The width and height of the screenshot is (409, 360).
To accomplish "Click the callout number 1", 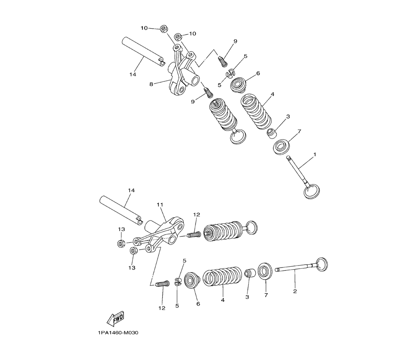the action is (314, 155).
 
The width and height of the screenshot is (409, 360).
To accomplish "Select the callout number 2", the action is (295, 291).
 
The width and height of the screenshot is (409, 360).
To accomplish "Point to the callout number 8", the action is (151, 84).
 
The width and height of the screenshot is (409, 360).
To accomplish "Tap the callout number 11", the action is (160, 205).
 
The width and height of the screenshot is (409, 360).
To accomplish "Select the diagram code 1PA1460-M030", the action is (119, 333).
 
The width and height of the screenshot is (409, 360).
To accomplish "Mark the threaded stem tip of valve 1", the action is (288, 157).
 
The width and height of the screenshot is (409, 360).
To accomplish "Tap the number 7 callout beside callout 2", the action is (266, 295).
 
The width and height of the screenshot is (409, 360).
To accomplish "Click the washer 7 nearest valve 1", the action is (281, 147).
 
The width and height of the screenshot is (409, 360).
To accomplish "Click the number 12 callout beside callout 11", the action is (197, 215).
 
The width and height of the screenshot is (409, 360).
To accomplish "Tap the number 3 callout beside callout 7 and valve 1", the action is (288, 117).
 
